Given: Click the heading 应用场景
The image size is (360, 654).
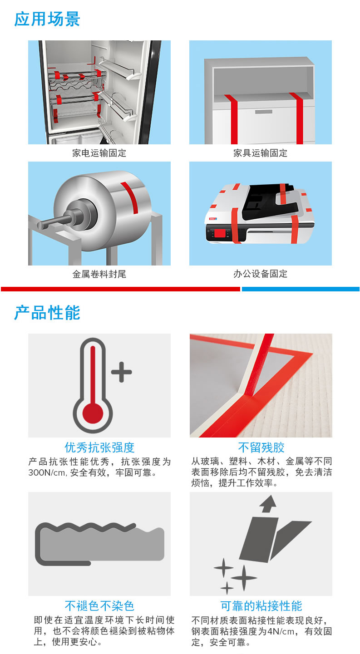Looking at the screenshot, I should [x=47, y=19].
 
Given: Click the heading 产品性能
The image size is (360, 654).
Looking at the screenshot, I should [x=47, y=313].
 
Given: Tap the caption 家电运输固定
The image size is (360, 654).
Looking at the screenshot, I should [x=99, y=153].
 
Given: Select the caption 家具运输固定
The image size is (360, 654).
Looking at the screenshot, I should [x=260, y=153].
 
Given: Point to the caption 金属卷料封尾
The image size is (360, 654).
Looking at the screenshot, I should [x=99, y=274].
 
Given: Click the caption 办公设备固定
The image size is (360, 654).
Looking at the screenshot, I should [x=260, y=274].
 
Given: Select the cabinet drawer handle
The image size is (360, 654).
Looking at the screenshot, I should [x=263, y=112].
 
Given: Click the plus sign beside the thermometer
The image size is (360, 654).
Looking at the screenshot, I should [x=121, y=372].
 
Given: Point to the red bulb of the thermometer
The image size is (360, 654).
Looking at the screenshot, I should [x=93, y=412].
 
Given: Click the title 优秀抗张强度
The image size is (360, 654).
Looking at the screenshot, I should [x=99, y=447].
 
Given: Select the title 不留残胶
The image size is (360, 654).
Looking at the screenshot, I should [x=261, y=447].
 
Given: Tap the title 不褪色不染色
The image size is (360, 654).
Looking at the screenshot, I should [x=99, y=606].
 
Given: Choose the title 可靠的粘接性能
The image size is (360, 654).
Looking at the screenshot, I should [x=261, y=606].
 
